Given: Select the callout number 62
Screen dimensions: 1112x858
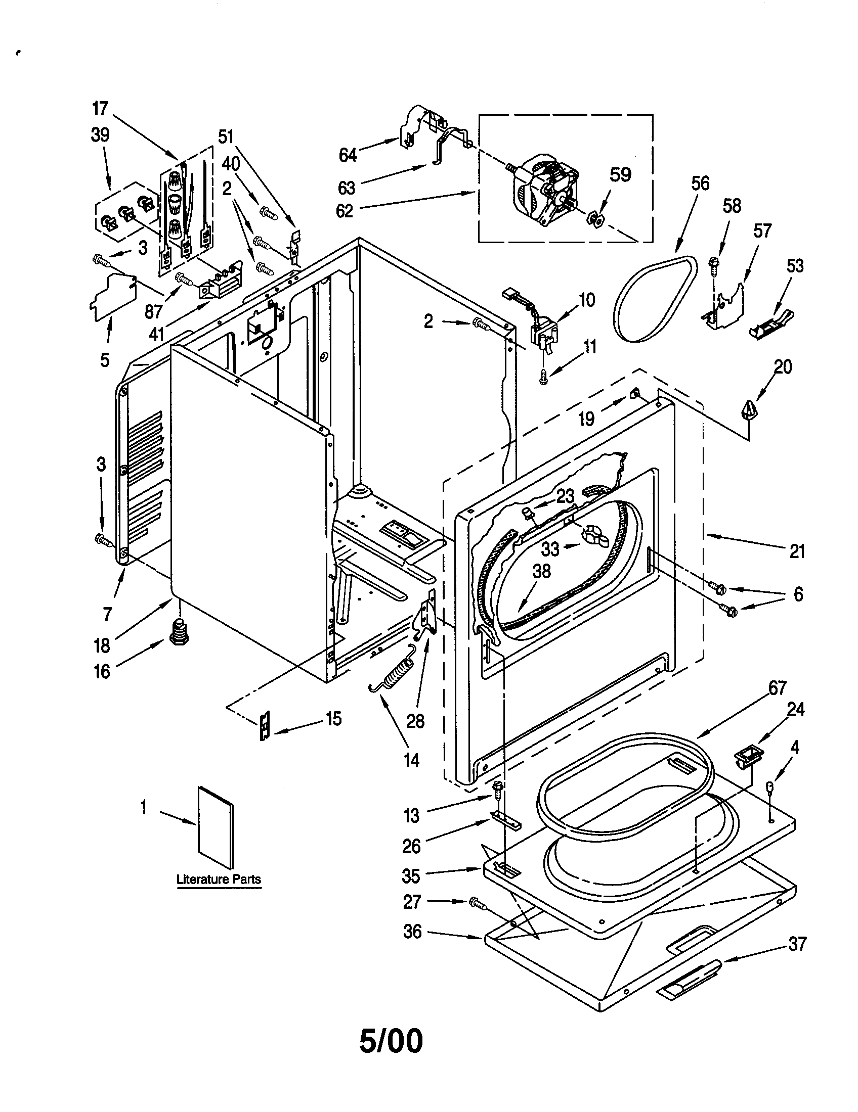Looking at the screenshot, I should [345, 210].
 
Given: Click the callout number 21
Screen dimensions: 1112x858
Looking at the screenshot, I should [797, 551].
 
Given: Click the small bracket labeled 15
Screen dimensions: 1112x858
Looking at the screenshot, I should [264, 725].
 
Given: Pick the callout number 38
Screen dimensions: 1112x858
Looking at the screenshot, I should [541, 571].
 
